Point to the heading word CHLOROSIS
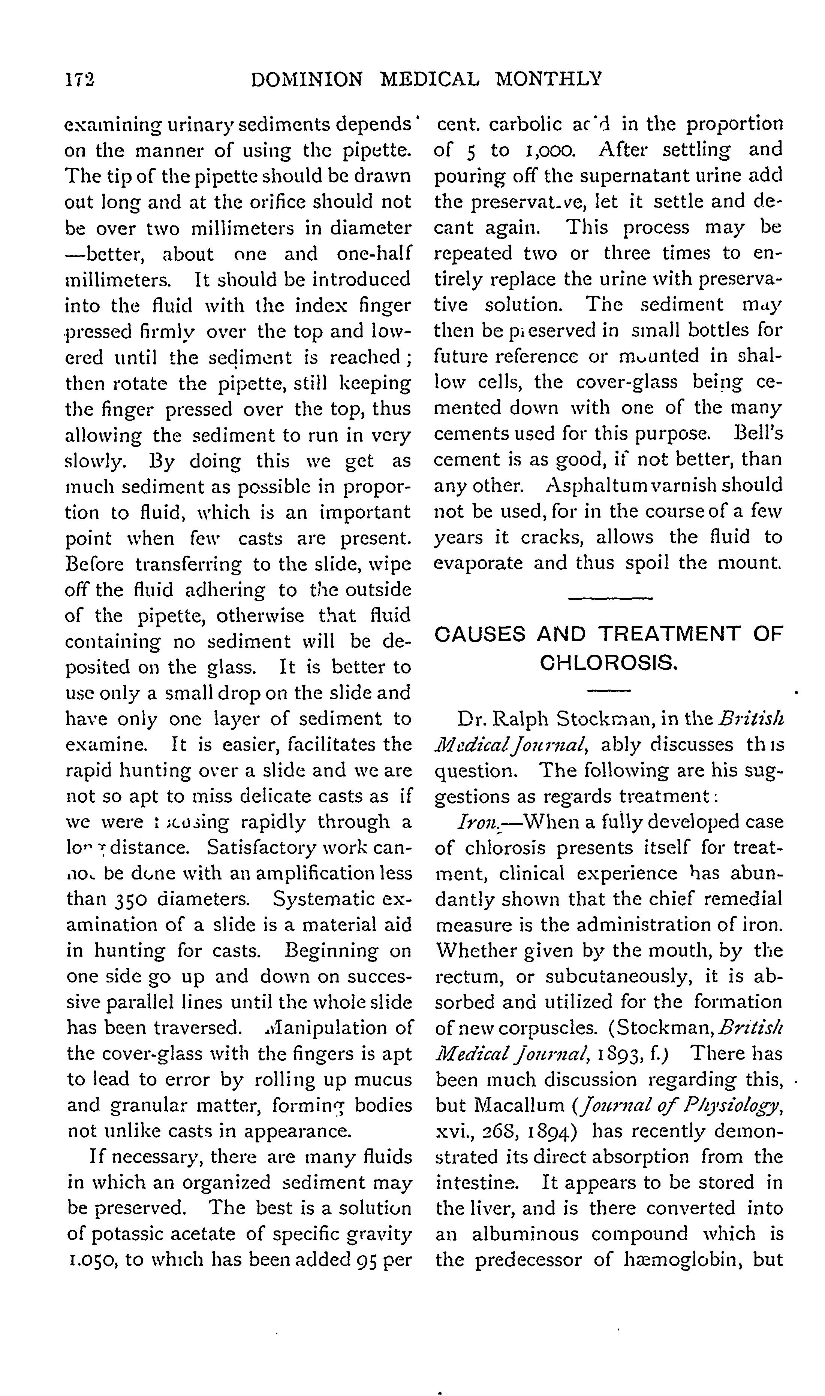[609, 663]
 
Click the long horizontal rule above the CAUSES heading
[610, 598]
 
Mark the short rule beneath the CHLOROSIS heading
[609, 691]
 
